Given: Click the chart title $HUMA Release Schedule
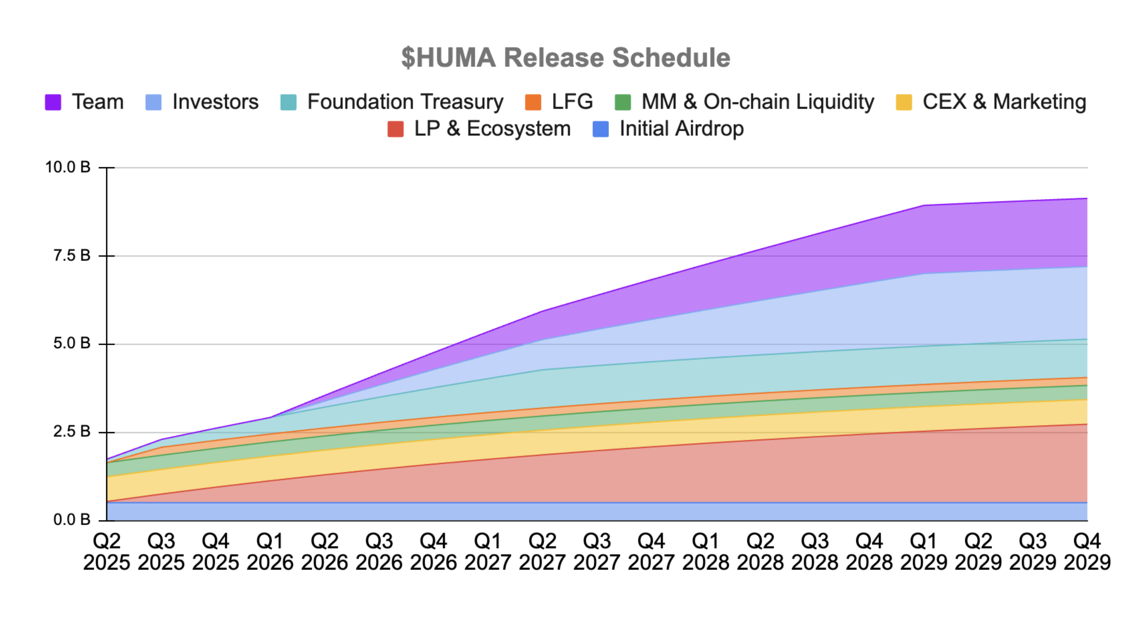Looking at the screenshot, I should coord(565,58).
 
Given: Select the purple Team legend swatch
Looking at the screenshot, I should coord(53,102).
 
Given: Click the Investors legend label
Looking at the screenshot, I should coord(215,102).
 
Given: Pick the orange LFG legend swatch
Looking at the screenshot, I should coord(533,102).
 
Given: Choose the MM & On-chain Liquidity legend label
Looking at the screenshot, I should coord(757,102).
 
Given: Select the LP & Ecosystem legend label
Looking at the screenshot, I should coord(492,129).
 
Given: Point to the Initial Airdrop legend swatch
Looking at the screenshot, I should coord(600,129).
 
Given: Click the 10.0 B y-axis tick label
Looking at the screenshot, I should coord(68,168).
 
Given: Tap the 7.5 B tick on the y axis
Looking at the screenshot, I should coord(72,256).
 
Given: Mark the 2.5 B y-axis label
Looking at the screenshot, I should coord(72,432).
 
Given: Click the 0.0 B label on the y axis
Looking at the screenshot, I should coord(72,520).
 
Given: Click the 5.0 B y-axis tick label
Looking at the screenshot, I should coord(72,344).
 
